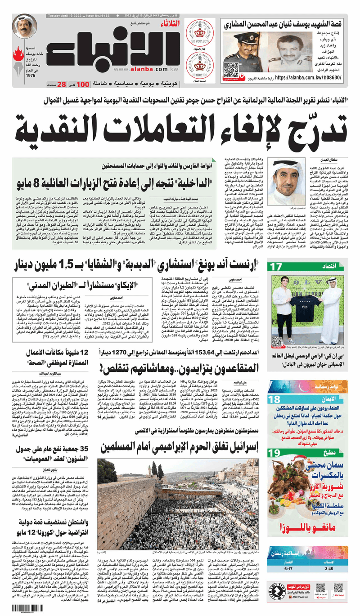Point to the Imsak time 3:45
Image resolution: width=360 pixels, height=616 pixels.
(335, 568)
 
